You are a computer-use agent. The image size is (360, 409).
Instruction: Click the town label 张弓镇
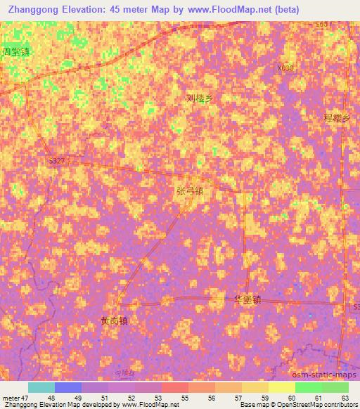coord(189,190)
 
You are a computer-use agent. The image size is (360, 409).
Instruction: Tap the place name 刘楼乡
coord(199,99)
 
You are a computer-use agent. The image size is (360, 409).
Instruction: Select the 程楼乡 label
coord(335,119)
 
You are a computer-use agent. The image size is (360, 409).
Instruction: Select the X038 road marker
coord(285,67)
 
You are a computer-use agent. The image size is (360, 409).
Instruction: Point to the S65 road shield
coord(322,25)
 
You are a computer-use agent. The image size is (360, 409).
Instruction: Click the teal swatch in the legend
coord(41,387)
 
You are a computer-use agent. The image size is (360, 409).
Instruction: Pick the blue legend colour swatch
coord(68,387)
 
